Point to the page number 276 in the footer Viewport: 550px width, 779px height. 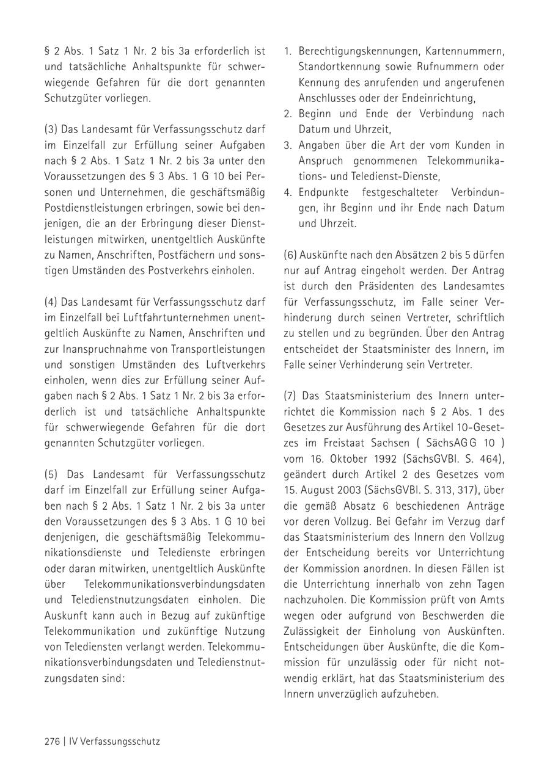click(x=52, y=742)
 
